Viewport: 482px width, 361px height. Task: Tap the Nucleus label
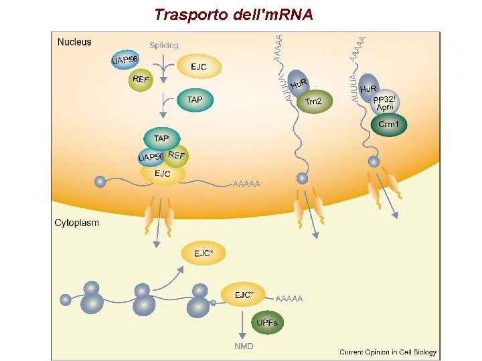(74, 42)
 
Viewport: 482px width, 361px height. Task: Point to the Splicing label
(164, 45)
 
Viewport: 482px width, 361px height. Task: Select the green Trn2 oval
(313, 102)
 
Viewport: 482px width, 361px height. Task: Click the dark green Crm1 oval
(389, 124)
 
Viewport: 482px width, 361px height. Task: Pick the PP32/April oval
(385, 104)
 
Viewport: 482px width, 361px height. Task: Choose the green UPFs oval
(267, 324)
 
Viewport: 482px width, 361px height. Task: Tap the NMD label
(244, 346)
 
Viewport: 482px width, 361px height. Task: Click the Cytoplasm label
(77, 223)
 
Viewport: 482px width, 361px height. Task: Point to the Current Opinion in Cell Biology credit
(388, 352)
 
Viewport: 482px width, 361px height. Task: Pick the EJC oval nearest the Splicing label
(198, 67)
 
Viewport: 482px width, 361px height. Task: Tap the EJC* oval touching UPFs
(244, 295)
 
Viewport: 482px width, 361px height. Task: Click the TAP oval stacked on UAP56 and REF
(161, 138)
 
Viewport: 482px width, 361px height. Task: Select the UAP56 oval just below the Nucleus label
(125, 60)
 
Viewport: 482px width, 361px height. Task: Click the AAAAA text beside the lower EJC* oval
(289, 298)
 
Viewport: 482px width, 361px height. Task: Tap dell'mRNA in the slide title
(275, 14)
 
